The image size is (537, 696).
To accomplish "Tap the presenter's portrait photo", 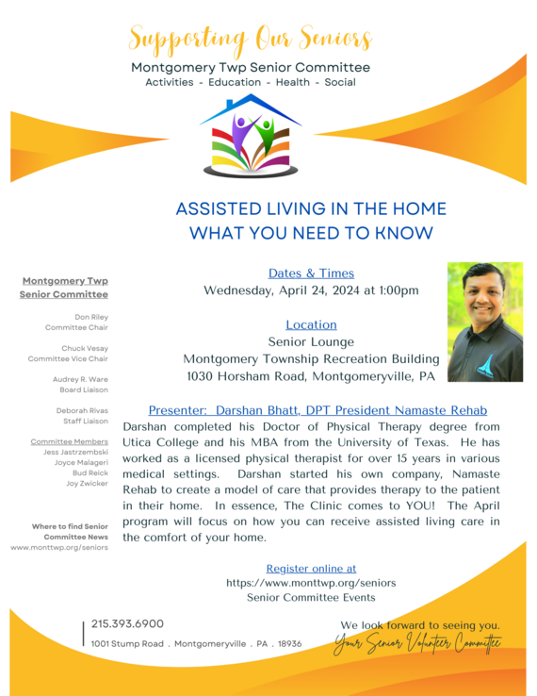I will [484, 322].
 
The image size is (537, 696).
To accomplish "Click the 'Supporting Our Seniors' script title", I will [250, 40].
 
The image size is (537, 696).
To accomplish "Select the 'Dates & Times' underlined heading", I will [311, 273].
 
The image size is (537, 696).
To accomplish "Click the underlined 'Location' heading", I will [311, 324].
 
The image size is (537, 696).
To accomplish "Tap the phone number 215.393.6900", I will [127, 623].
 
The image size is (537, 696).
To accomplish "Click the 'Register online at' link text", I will [311, 569].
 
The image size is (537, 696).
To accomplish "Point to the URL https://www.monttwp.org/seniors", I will [311, 583].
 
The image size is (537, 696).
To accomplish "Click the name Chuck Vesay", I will [88, 349].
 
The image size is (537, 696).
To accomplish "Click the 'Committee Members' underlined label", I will [69, 441].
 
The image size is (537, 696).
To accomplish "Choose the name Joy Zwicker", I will [87, 483].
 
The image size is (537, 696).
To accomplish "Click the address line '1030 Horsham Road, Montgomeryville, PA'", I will [311, 375].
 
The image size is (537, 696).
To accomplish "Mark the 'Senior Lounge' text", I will [311, 341].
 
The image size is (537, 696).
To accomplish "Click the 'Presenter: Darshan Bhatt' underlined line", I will [317, 410].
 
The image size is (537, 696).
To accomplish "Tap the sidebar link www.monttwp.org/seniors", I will [59, 547].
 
